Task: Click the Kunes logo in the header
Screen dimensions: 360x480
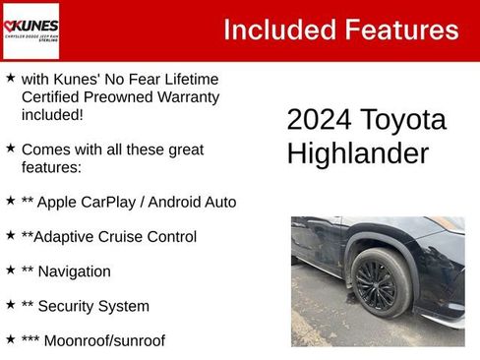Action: point(31,30)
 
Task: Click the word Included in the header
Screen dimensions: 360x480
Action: point(278,30)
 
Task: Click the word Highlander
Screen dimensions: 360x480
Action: point(357,153)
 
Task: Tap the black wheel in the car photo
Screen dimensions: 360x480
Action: point(380,282)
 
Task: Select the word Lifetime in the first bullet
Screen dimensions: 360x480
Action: point(184,79)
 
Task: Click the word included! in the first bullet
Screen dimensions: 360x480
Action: point(52,114)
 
